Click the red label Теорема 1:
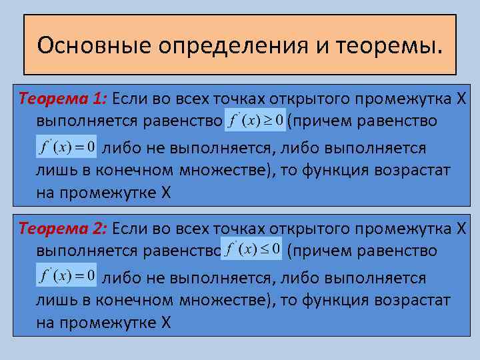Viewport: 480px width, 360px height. (63, 99)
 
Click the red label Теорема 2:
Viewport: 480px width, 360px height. (63, 229)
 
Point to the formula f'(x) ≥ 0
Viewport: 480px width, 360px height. (256, 121)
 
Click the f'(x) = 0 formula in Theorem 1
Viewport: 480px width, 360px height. (67, 146)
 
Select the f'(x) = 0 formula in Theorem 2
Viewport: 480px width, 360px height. (67, 275)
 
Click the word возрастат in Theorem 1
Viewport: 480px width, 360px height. (416, 169)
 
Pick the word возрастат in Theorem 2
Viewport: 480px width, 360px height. (416, 299)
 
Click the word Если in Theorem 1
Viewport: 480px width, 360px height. (129, 99)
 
